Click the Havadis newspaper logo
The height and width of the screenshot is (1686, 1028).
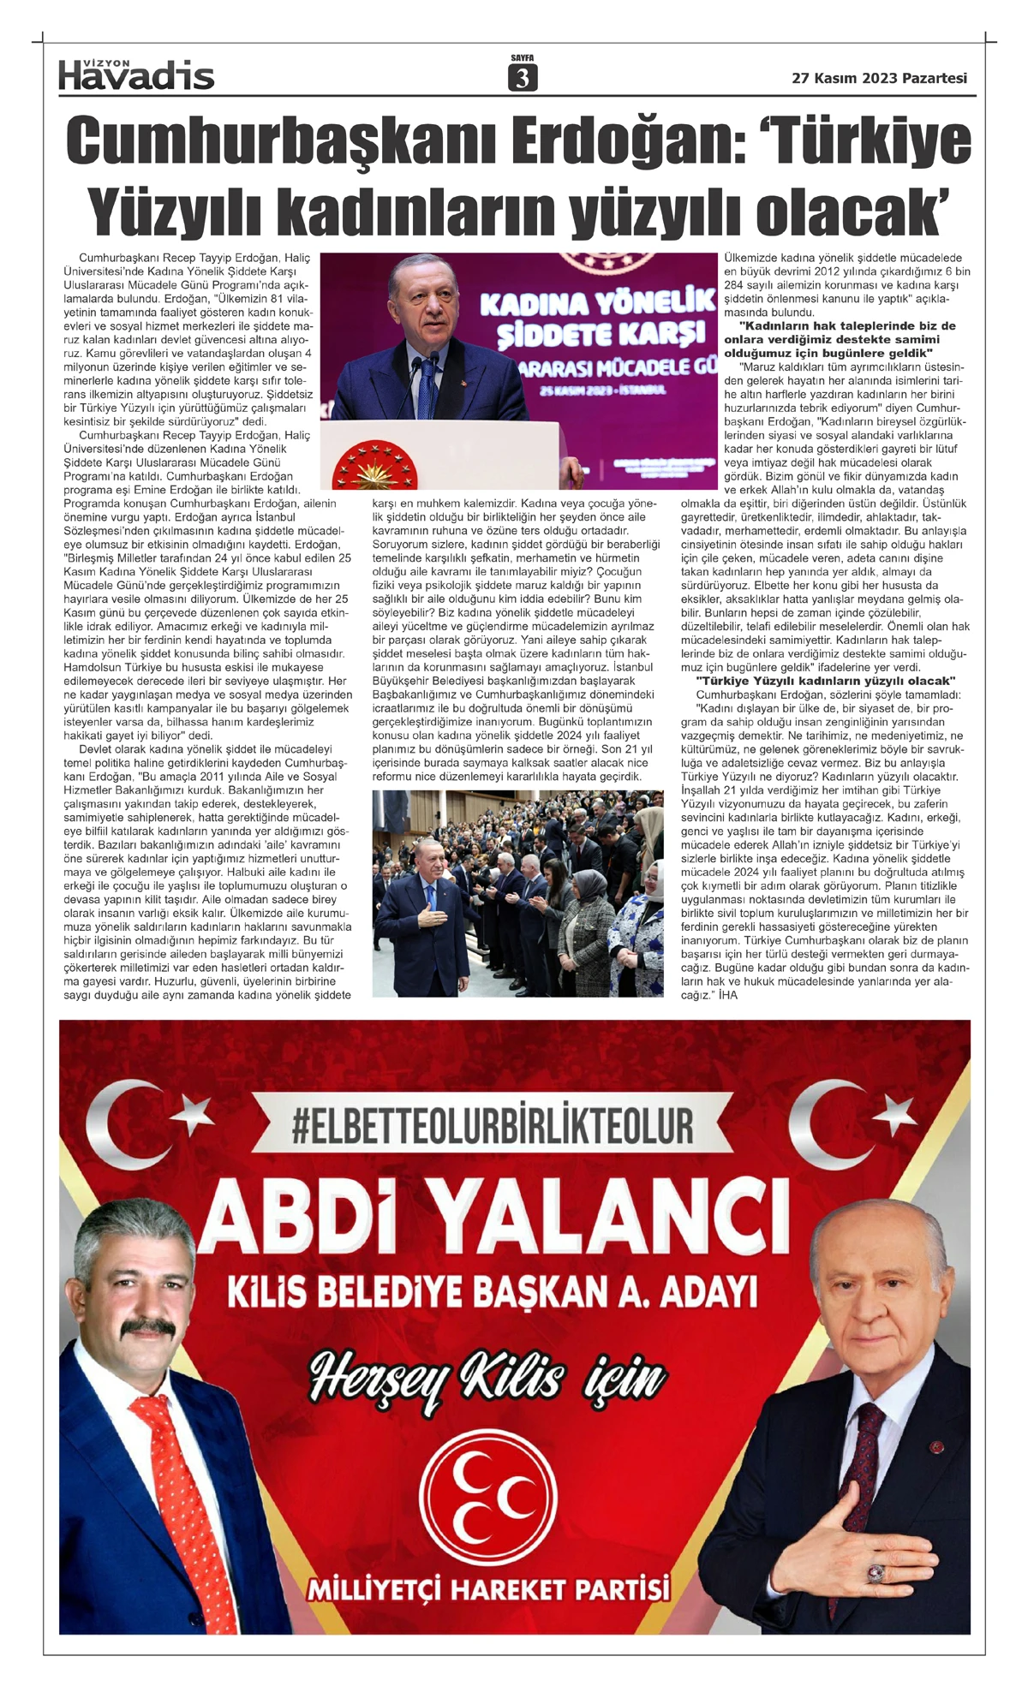136,75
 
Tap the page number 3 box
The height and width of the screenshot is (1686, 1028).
522,78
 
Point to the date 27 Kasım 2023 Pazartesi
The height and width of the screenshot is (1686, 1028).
879,78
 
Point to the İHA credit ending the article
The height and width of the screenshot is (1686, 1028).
728,995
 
